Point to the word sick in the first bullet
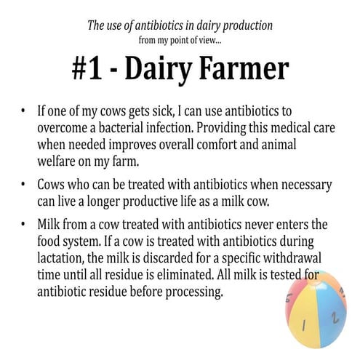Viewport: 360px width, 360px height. pos(164,112)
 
